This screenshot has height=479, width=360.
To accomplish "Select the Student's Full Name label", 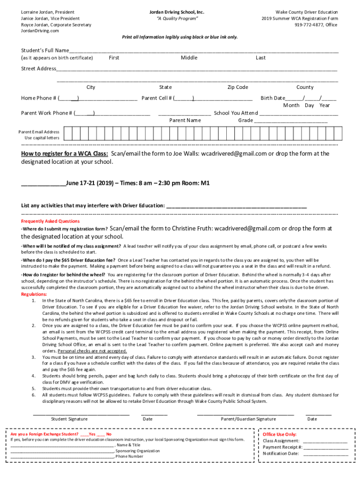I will coord(45,51).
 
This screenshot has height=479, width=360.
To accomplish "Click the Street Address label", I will coord(39,69).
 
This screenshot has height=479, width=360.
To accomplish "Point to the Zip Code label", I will coord(238,87).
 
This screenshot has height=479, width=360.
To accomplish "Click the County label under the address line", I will coord(305,87).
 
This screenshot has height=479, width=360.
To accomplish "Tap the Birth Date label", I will coord(273,98).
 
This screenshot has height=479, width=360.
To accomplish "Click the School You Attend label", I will coord(236,113).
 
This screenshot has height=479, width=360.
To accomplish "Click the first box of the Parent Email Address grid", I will coord(68,135).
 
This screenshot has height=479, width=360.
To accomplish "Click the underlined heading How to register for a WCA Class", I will coord(65,154).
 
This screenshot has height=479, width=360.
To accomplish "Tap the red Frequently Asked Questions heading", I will coord(50,221).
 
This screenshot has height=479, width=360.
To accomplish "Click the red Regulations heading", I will coord(34,294).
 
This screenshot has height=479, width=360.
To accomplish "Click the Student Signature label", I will coord(69,419).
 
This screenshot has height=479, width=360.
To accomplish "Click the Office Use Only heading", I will coord(280,434).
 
